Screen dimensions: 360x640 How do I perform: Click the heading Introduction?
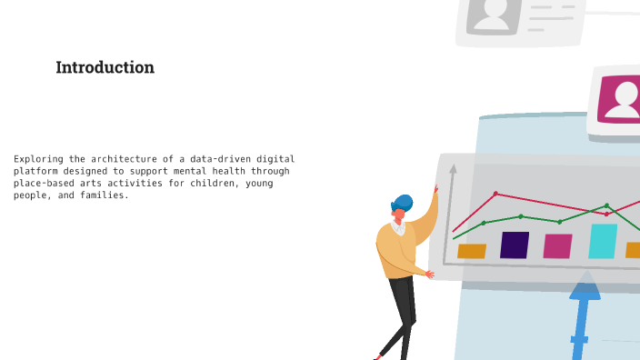[105, 67]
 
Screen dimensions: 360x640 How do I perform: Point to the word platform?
[35, 171]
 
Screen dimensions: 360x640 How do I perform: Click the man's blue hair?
[403, 202]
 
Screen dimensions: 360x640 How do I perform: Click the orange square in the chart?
[471, 251]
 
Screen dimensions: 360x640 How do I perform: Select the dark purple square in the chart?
[515, 245]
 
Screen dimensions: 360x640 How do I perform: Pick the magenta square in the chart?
[557, 246]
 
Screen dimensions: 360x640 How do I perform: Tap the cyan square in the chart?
[602, 242]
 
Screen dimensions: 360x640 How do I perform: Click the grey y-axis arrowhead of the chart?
[453, 167]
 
